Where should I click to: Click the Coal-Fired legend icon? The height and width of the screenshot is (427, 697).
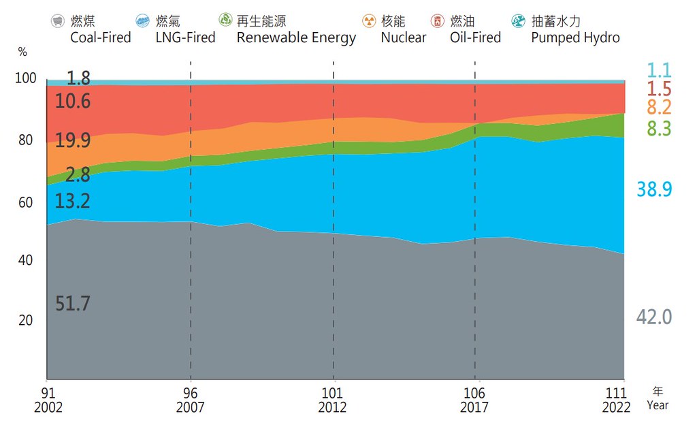click(x=58, y=21)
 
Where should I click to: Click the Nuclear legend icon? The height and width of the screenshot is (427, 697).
click(x=369, y=21)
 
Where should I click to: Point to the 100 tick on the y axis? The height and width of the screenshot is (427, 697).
click(x=25, y=78)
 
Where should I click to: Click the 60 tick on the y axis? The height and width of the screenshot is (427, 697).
click(x=25, y=202)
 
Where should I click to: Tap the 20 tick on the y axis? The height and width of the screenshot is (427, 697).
click(x=25, y=320)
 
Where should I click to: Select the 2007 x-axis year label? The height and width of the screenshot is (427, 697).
click(x=191, y=407)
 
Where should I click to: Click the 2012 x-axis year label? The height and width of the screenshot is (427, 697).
click(x=332, y=407)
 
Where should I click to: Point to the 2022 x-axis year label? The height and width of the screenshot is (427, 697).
click(x=616, y=407)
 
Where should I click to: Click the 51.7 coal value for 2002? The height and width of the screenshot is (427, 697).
click(x=72, y=303)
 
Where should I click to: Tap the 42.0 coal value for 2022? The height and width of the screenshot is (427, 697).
click(x=654, y=317)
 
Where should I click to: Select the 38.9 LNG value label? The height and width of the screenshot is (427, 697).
click(x=654, y=189)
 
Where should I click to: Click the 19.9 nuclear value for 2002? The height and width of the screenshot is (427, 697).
click(x=72, y=140)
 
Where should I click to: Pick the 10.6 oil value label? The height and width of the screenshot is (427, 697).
click(x=72, y=101)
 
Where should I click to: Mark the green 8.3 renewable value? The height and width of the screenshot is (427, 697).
click(x=659, y=128)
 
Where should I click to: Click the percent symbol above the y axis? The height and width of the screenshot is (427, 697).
click(x=22, y=52)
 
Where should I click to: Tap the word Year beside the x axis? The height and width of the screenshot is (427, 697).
click(x=658, y=405)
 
